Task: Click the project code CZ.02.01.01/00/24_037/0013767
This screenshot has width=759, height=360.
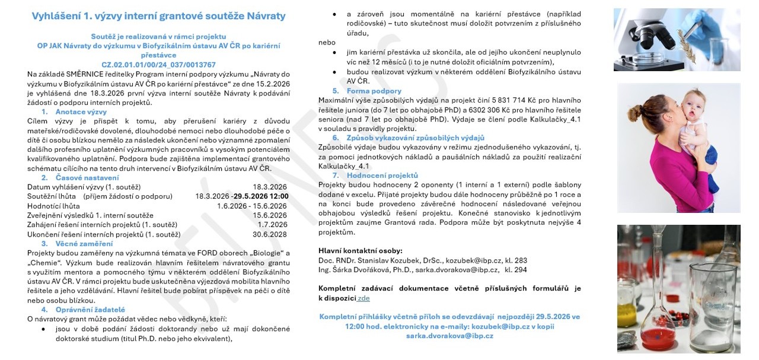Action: [x=158, y=65]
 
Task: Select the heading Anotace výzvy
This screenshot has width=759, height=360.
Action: [x=81, y=111]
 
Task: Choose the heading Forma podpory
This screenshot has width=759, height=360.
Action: [x=374, y=91]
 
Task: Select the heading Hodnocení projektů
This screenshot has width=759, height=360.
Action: [x=382, y=176]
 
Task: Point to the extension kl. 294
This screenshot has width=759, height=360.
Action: [x=515, y=270]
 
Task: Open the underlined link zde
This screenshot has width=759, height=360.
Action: [x=363, y=298]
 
